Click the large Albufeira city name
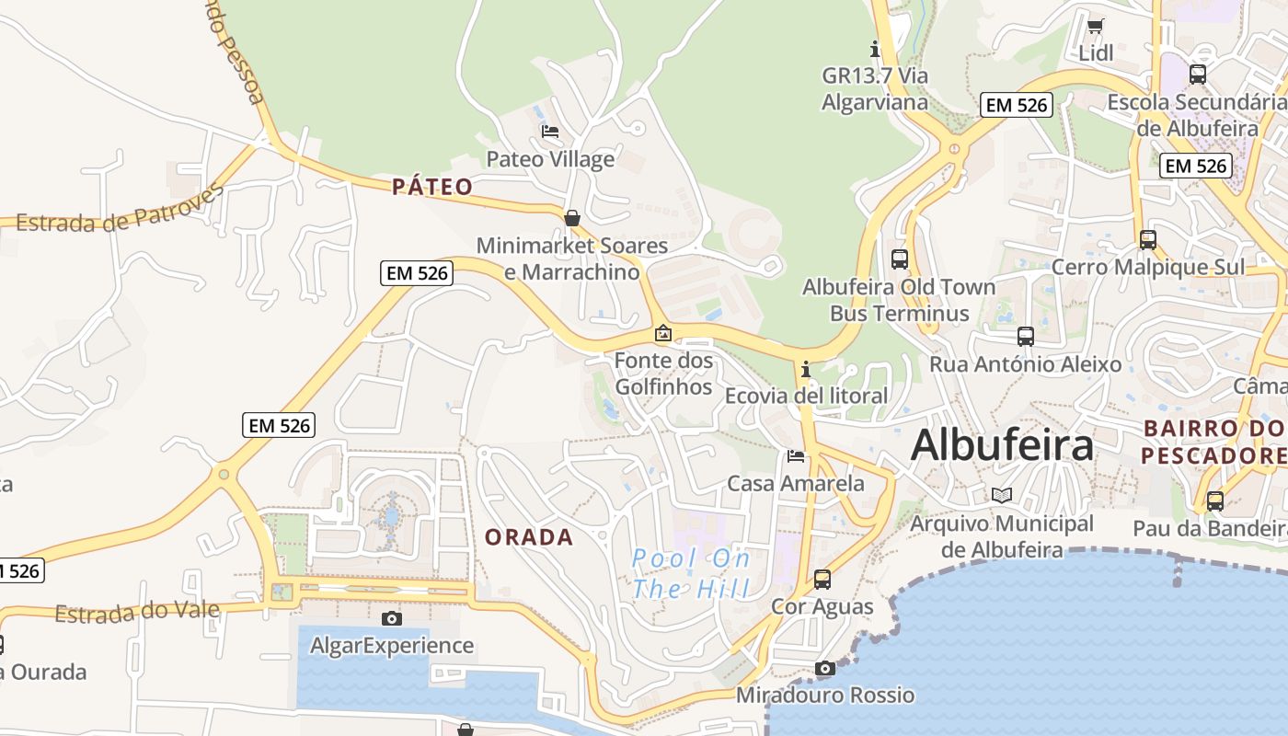1002,445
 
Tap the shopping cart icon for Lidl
1095,26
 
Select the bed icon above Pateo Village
550,132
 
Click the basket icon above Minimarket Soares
572,218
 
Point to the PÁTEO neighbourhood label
432,188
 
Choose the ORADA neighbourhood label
529,537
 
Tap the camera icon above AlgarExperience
392,618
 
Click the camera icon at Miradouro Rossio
825,668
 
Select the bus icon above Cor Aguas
822,580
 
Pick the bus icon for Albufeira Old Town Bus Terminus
900,259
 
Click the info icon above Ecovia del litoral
806,369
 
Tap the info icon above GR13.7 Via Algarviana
875,49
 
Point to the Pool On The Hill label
691,573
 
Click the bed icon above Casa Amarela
796,455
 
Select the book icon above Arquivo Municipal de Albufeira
1002,496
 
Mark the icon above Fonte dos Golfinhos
663,333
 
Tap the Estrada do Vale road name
137,613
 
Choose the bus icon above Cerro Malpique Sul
1148,239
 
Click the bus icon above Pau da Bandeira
1215,501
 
